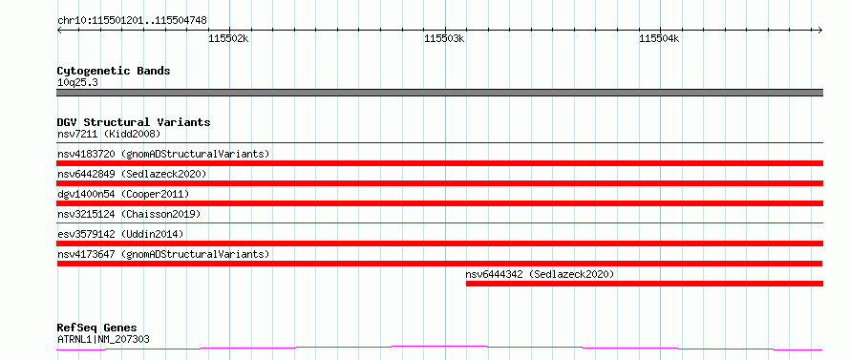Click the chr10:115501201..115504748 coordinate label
[132, 21]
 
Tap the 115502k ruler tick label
[228, 38]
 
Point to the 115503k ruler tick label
[444, 38]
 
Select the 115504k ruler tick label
[659, 38]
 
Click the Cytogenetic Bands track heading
[114, 71]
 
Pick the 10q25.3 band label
[77, 83]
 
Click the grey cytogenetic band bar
[439, 93]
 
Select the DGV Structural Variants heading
[134, 122]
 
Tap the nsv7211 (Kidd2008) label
[109, 134]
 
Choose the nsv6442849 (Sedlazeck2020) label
[132, 174]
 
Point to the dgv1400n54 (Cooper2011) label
[123, 194]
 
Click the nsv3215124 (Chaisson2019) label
[129, 214]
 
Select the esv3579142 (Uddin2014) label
[120, 234]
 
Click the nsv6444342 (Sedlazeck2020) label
[540, 274]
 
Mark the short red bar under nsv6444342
[645, 284]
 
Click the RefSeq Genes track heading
[97, 328]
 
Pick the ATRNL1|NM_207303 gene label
[103, 340]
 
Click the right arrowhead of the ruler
[820, 30]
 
